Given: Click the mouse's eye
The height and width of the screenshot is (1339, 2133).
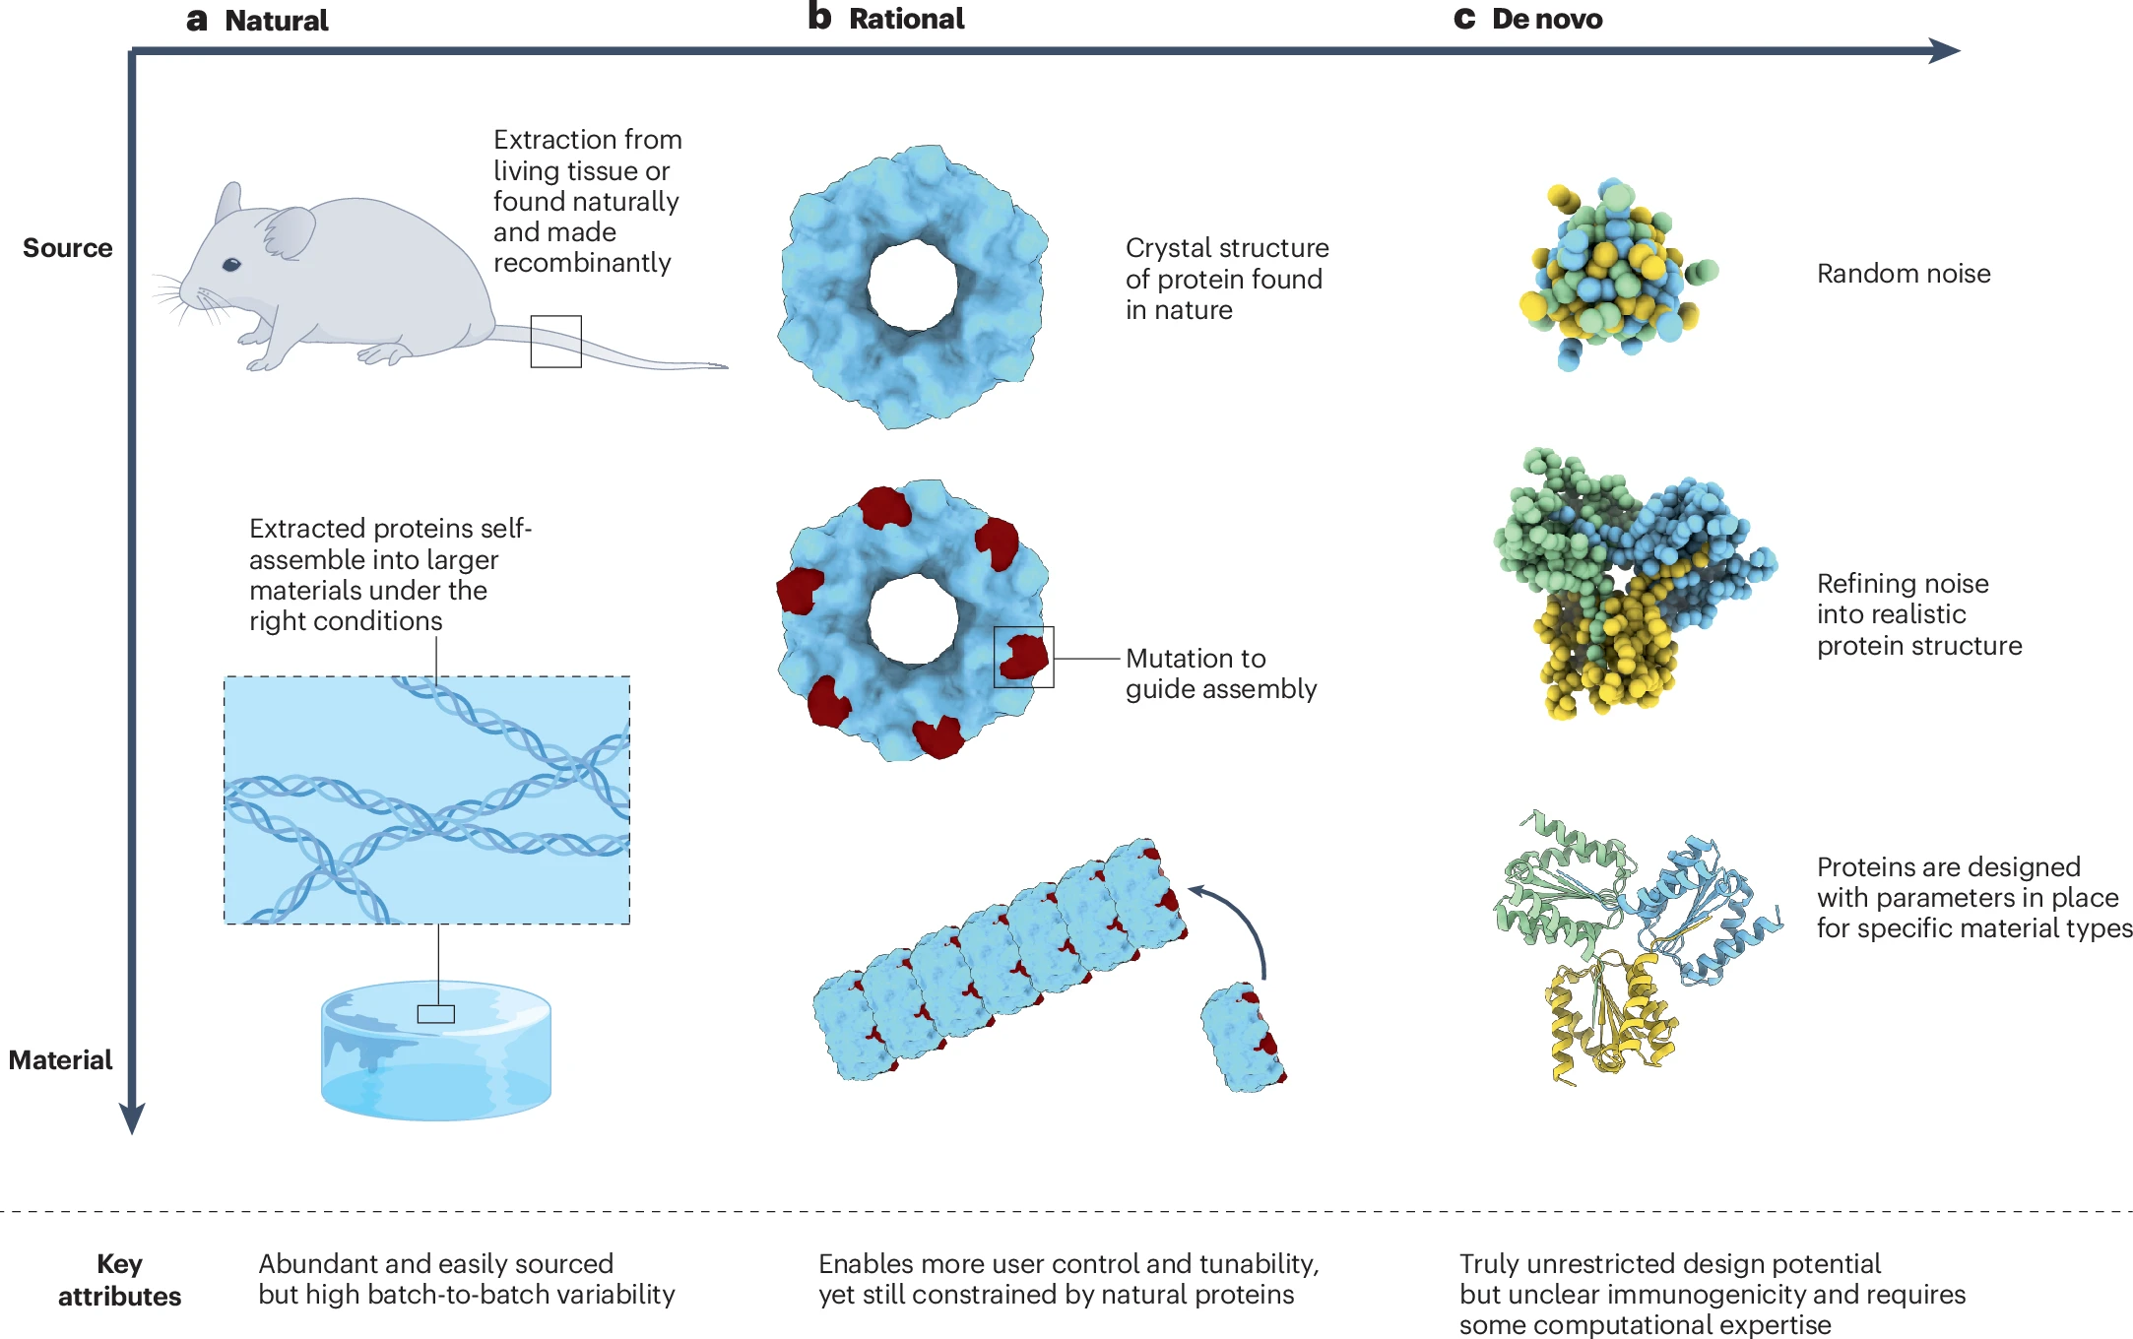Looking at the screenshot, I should tap(231, 264).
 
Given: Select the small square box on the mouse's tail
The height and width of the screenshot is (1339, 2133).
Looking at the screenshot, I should tap(555, 341).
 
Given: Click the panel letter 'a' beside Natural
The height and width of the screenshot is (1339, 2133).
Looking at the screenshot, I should tap(196, 20).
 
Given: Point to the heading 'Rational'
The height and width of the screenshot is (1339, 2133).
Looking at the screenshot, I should tap(906, 19).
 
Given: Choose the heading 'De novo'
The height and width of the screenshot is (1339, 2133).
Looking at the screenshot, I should tap(1546, 19).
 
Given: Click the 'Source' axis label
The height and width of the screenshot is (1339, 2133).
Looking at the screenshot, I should tap(67, 248).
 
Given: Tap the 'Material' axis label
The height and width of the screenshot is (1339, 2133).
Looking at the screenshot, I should tap(61, 1059).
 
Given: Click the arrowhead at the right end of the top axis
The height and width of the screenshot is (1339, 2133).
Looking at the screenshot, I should tap(1944, 51).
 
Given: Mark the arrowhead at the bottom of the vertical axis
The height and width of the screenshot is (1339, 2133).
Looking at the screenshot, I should tap(132, 1118).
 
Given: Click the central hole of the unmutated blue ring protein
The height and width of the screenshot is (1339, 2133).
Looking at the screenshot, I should tap(912, 287).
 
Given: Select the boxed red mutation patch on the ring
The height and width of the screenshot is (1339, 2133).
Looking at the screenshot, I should tap(1023, 657).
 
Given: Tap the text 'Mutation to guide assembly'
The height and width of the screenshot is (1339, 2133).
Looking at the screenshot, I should tap(1220, 673).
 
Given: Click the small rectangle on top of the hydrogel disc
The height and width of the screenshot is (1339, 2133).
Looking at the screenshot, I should tap(435, 1014).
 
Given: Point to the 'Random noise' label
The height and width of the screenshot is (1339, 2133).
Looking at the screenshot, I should tap(1903, 274).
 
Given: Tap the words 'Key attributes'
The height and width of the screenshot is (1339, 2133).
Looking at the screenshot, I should tap(119, 1279).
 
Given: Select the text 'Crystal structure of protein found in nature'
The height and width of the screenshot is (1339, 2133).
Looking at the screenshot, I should tap(1226, 279).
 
